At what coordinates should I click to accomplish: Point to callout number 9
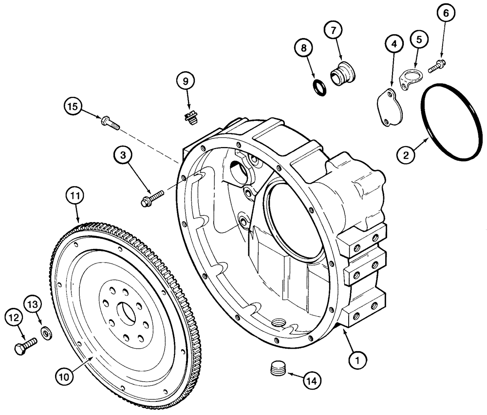coord(186,82)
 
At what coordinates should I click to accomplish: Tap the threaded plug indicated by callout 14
coord(278,369)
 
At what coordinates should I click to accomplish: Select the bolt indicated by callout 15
coord(111,122)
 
